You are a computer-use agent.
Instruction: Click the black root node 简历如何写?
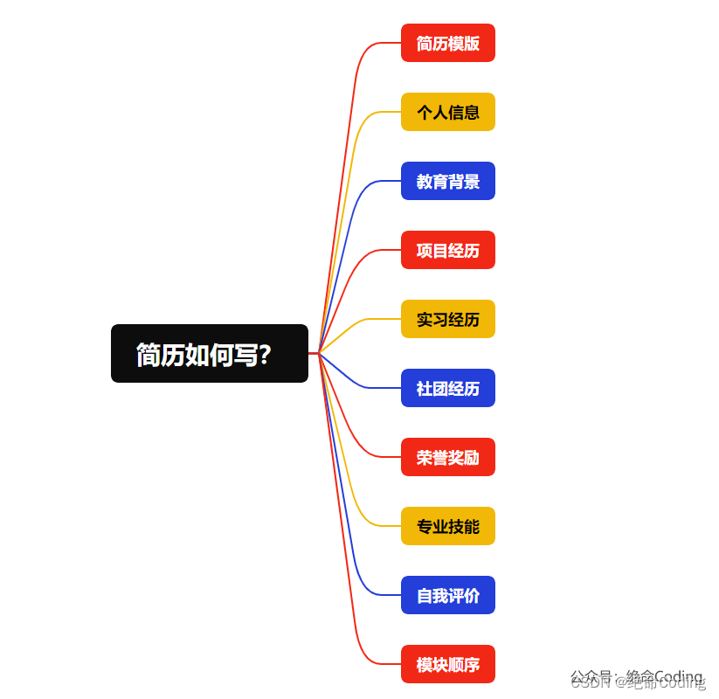(210, 354)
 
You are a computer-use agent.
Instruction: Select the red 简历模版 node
(448, 43)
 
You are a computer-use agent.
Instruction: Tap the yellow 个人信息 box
(448, 112)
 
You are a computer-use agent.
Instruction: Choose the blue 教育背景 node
(448, 181)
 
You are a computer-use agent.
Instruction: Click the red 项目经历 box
(448, 250)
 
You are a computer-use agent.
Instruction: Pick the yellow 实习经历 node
(448, 319)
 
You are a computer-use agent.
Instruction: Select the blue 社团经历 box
(448, 388)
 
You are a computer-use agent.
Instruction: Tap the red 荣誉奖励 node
(448, 457)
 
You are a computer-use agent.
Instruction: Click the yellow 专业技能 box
(448, 526)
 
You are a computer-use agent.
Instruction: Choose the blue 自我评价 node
(448, 595)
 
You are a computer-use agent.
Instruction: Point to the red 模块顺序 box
(448, 664)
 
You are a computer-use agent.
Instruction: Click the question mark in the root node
(265, 355)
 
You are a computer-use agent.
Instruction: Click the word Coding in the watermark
(679, 677)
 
